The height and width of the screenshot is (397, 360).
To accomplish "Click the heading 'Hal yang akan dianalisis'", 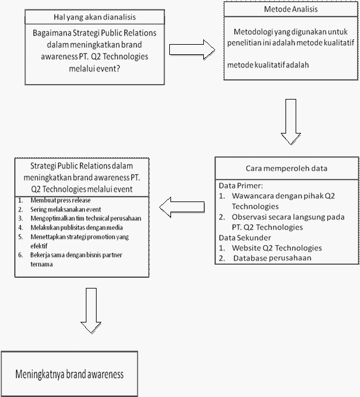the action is [94, 17].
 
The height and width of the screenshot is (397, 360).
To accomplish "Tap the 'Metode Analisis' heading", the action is [291, 9].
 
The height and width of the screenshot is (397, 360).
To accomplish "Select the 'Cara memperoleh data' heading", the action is [286, 168].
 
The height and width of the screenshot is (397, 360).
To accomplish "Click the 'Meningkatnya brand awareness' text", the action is [69, 374].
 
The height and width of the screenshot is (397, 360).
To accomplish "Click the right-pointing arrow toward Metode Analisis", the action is [192, 49].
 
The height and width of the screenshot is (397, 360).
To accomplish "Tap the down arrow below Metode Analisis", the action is [291, 122].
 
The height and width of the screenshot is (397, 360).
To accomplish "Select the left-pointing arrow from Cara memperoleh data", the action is [182, 207].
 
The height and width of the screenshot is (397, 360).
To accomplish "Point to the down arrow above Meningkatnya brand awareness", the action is [91, 311].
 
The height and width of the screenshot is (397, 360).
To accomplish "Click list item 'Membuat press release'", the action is [61, 200].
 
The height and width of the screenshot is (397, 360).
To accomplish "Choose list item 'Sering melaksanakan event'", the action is [66, 209].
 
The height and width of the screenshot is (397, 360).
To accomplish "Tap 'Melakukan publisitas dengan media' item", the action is [76, 228].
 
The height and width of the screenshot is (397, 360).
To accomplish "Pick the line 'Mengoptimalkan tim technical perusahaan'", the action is [86, 218].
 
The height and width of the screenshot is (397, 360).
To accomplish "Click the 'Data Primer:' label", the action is [241, 185].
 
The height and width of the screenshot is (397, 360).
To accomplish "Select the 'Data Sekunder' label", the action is [245, 238].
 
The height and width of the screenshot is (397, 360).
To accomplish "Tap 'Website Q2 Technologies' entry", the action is [277, 248].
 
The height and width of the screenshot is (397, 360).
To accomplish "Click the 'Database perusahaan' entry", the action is [272, 258].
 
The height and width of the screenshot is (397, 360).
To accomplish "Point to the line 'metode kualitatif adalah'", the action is [268, 65].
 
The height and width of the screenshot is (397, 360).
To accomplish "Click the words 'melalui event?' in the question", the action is [94, 69].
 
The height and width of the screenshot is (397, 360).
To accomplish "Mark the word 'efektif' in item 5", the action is [39, 246].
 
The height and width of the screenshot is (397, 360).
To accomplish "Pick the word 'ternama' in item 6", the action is [42, 264].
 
